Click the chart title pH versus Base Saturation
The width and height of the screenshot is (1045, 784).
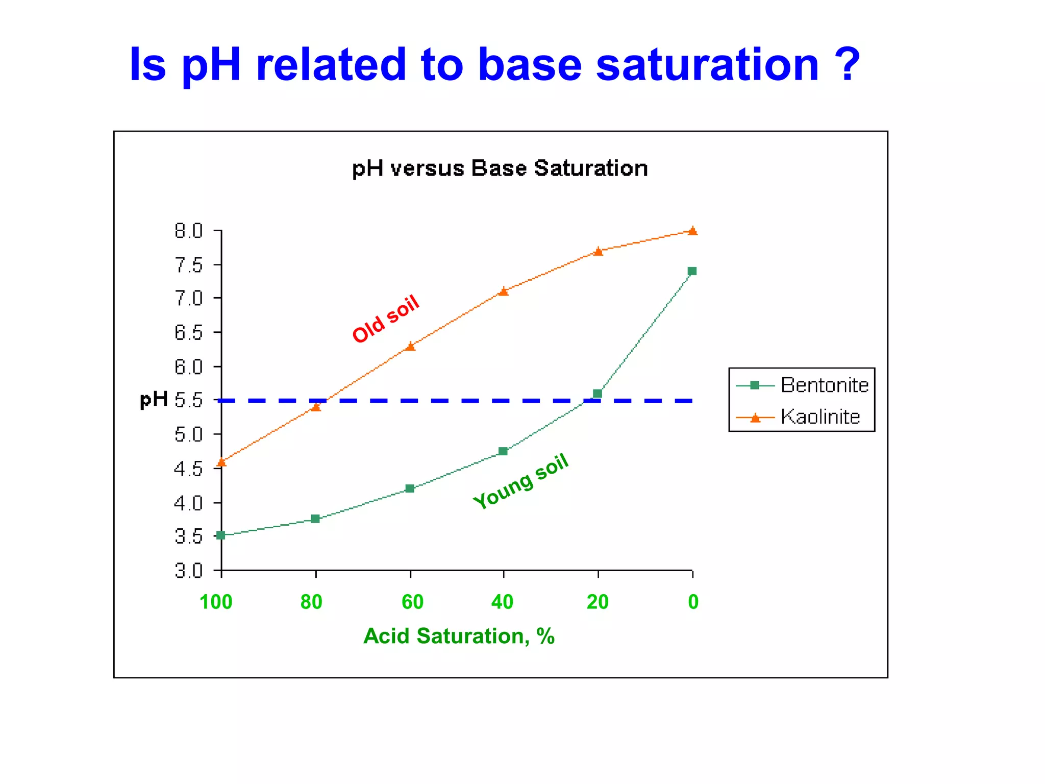(500, 168)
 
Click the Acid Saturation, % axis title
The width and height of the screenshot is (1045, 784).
(459, 636)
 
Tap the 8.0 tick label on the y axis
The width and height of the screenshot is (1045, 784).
(188, 231)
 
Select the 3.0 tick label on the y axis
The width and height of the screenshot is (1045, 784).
(188, 571)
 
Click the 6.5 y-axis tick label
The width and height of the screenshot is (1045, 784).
(188, 333)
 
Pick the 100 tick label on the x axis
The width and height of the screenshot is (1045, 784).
(216, 602)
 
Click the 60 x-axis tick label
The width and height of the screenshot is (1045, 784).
(412, 602)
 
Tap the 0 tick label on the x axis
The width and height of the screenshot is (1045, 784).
(693, 602)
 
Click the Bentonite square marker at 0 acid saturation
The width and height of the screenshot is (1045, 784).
(692, 271)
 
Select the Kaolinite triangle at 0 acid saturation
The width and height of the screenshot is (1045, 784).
(692, 231)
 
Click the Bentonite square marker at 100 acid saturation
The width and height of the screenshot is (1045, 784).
(221, 535)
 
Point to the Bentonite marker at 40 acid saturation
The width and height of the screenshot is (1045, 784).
(503, 451)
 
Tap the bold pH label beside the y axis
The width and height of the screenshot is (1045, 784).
(154, 400)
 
